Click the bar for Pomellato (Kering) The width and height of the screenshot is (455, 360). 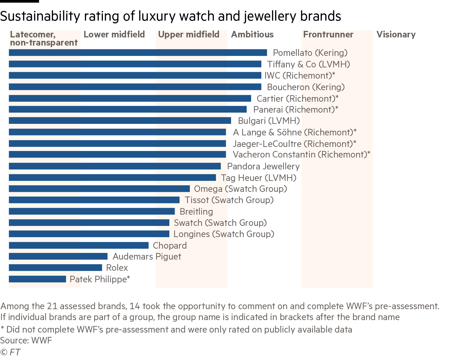coord(138,53)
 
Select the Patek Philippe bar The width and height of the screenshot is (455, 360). coord(37,279)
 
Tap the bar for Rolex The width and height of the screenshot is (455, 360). coord(56,268)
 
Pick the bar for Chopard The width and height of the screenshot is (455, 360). coord(79,246)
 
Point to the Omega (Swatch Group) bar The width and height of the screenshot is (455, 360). coord(99,189)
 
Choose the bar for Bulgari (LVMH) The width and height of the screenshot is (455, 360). coord(120,121)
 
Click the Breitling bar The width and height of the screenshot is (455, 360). coord(92,212)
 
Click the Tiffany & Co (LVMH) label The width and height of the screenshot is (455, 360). coord(308,64)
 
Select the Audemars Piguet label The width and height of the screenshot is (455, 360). coord(147,257)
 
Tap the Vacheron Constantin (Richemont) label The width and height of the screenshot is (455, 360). coord(301,155)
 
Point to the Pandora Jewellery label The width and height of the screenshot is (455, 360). coord(263,167)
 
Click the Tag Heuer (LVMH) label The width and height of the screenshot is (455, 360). coord(259,178)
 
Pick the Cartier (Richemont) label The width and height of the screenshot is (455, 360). coord(297,99)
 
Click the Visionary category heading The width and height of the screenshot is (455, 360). coord(396,35)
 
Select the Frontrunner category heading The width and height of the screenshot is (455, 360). coord(328,35)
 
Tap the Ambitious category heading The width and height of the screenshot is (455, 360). coord(252,35)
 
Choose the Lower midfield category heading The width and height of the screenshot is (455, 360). coord(114,35)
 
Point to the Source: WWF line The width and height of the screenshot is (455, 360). coord(26,340)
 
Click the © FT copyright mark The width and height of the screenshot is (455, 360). coord(10,352)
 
